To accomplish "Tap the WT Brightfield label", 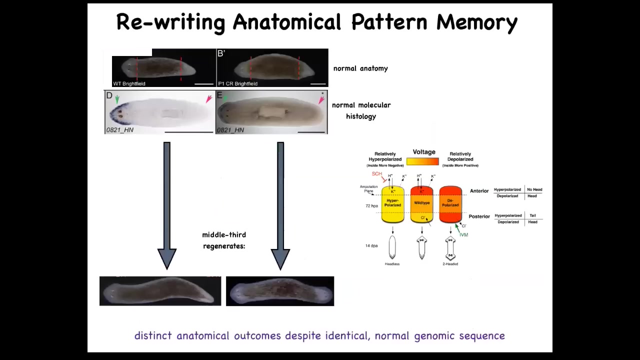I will pos(129,83).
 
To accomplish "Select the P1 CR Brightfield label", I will pos(237,83).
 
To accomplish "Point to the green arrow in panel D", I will pos(117,99).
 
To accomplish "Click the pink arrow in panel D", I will pos(208,99).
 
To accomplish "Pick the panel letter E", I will pos(219,95).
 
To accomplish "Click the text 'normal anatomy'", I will pos(360,68).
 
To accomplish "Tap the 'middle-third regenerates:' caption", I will pos(224,240).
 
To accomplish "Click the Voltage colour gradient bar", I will pos(422,161).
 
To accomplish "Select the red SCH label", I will pos(377,174).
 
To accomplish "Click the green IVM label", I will pos(463,235).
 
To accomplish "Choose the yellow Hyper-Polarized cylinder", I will pos(392,204).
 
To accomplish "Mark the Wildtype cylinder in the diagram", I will pos(421,204).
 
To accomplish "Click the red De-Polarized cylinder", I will pos(450,204).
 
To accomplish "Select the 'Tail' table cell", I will pos(532,215).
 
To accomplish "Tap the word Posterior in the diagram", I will pos(479,216).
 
